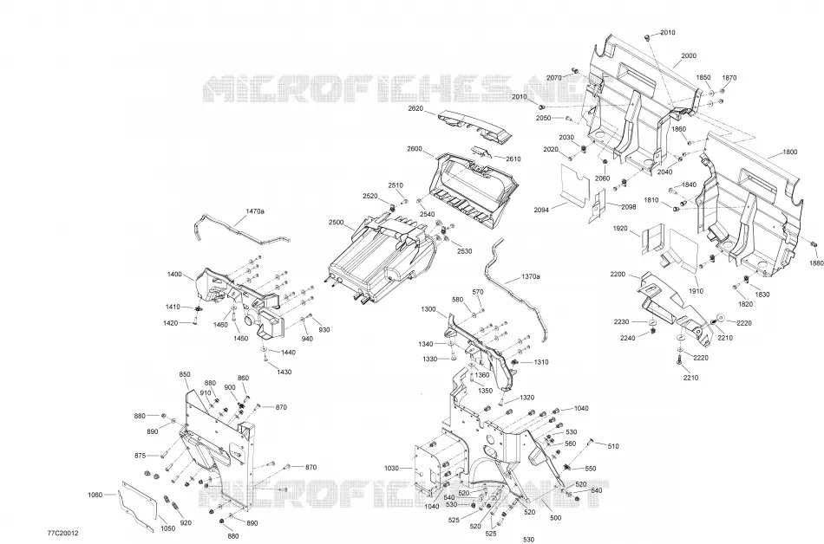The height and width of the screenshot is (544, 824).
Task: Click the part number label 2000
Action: point(689,56)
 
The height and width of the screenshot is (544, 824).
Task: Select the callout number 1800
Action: point(790,152)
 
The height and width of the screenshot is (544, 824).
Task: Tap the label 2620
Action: point(415,108)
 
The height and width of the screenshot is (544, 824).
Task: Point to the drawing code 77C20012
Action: point(62,533)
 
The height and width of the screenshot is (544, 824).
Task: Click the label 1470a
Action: point(255,211)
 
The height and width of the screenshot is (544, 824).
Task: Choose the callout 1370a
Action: point(531,276)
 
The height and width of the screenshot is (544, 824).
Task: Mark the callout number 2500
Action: point(337,223)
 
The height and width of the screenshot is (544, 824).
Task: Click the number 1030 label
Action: point(391,468)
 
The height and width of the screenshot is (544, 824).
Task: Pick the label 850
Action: point(185,374)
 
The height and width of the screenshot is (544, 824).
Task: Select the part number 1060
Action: point(95,495)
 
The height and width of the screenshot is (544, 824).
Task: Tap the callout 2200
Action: point(618,275)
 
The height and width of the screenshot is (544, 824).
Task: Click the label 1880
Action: point(816,262)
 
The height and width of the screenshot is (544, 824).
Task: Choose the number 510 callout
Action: point(612,446)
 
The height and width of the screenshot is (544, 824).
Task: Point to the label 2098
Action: point(629,207)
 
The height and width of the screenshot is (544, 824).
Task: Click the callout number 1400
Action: point(174,275)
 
